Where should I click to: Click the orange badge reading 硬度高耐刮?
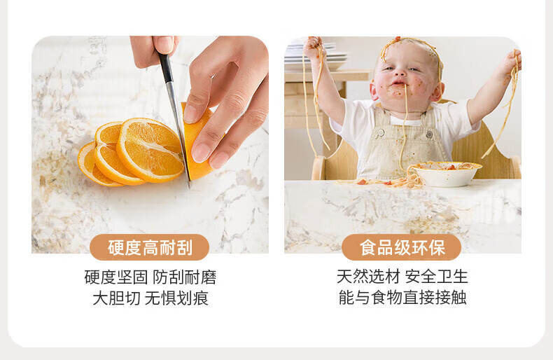(x=150, y=247)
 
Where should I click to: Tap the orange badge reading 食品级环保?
(x=402, y=247)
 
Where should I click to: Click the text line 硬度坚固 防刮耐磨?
(x=150, y=277)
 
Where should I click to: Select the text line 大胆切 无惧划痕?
(x=150, y=298)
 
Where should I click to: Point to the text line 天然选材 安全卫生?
(x=402, y=277)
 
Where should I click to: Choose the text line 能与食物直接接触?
(x=402, y=297)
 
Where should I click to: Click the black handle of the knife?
(x=165, y=67)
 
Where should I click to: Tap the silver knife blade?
(x=178, y=130)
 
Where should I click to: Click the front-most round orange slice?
(x=150, y=150)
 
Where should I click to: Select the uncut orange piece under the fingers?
(x=198, y=141)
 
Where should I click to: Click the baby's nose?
(x=400, y=73)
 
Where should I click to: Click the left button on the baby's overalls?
(x=381, y=132)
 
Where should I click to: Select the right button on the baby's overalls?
(x=429, y=134)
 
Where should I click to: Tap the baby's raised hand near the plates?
(x=313, y=48)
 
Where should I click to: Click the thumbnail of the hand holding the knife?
(x=165, y=45)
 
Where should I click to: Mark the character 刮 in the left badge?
(x=185, y=247)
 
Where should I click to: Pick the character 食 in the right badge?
(x=367, y=247)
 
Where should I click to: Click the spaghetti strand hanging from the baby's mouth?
(x=404, y=127)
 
